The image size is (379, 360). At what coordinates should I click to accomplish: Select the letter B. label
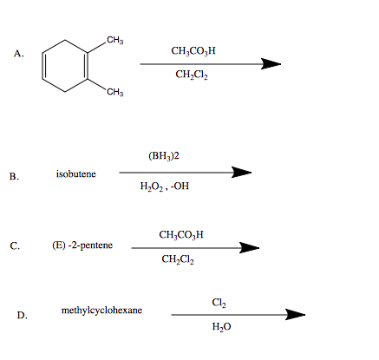14,179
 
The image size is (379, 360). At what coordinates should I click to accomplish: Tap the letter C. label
15,245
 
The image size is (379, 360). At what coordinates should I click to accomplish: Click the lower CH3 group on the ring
114,92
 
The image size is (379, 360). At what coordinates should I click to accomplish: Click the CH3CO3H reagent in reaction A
193,50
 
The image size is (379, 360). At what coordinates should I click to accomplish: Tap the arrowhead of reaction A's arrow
271,62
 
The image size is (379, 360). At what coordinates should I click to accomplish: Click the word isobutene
76,173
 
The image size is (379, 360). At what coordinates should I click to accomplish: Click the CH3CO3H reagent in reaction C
182,234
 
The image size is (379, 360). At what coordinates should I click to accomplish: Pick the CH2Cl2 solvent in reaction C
179,259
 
